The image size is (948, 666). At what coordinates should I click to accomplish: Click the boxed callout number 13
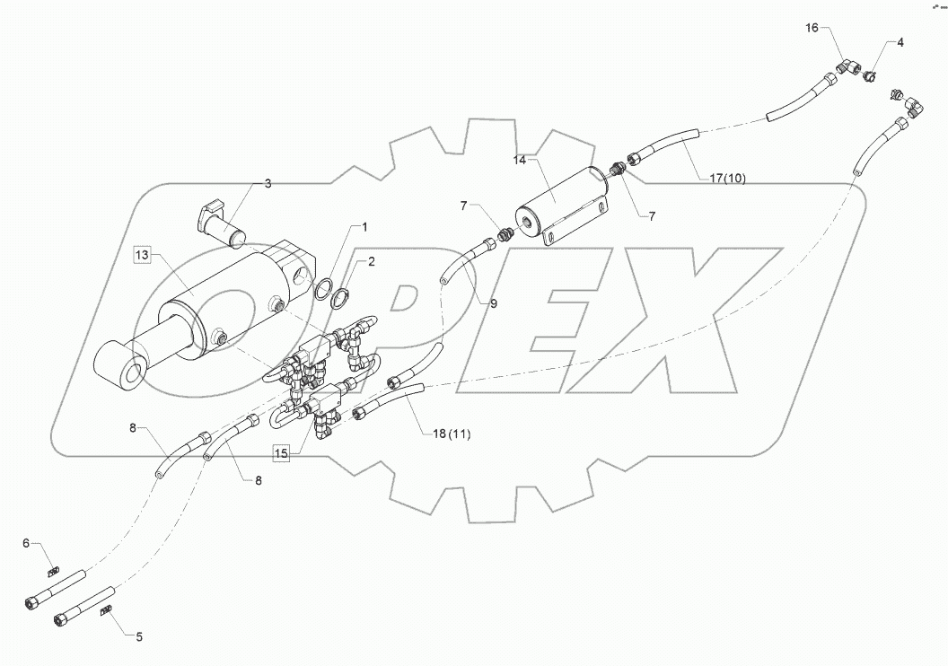(143, 256)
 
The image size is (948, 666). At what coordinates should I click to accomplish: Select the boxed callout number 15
(282, 453)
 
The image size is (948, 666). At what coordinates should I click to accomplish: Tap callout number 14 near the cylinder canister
(519, 160)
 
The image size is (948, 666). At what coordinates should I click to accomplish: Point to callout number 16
(812, 29)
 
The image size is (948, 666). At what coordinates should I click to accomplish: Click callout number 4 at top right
(900, 42)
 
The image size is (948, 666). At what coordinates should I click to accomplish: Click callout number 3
(267, 183)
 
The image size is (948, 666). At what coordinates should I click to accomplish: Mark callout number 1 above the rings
(364, 226)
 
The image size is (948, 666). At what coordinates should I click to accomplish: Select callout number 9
(493, 303)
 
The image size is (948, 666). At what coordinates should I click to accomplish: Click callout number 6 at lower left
(26, 542)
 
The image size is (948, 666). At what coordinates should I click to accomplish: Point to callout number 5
(138, 637)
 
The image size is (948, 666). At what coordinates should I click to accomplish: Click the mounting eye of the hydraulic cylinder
(128, 371)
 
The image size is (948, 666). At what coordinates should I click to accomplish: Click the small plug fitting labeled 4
(869, 76)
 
